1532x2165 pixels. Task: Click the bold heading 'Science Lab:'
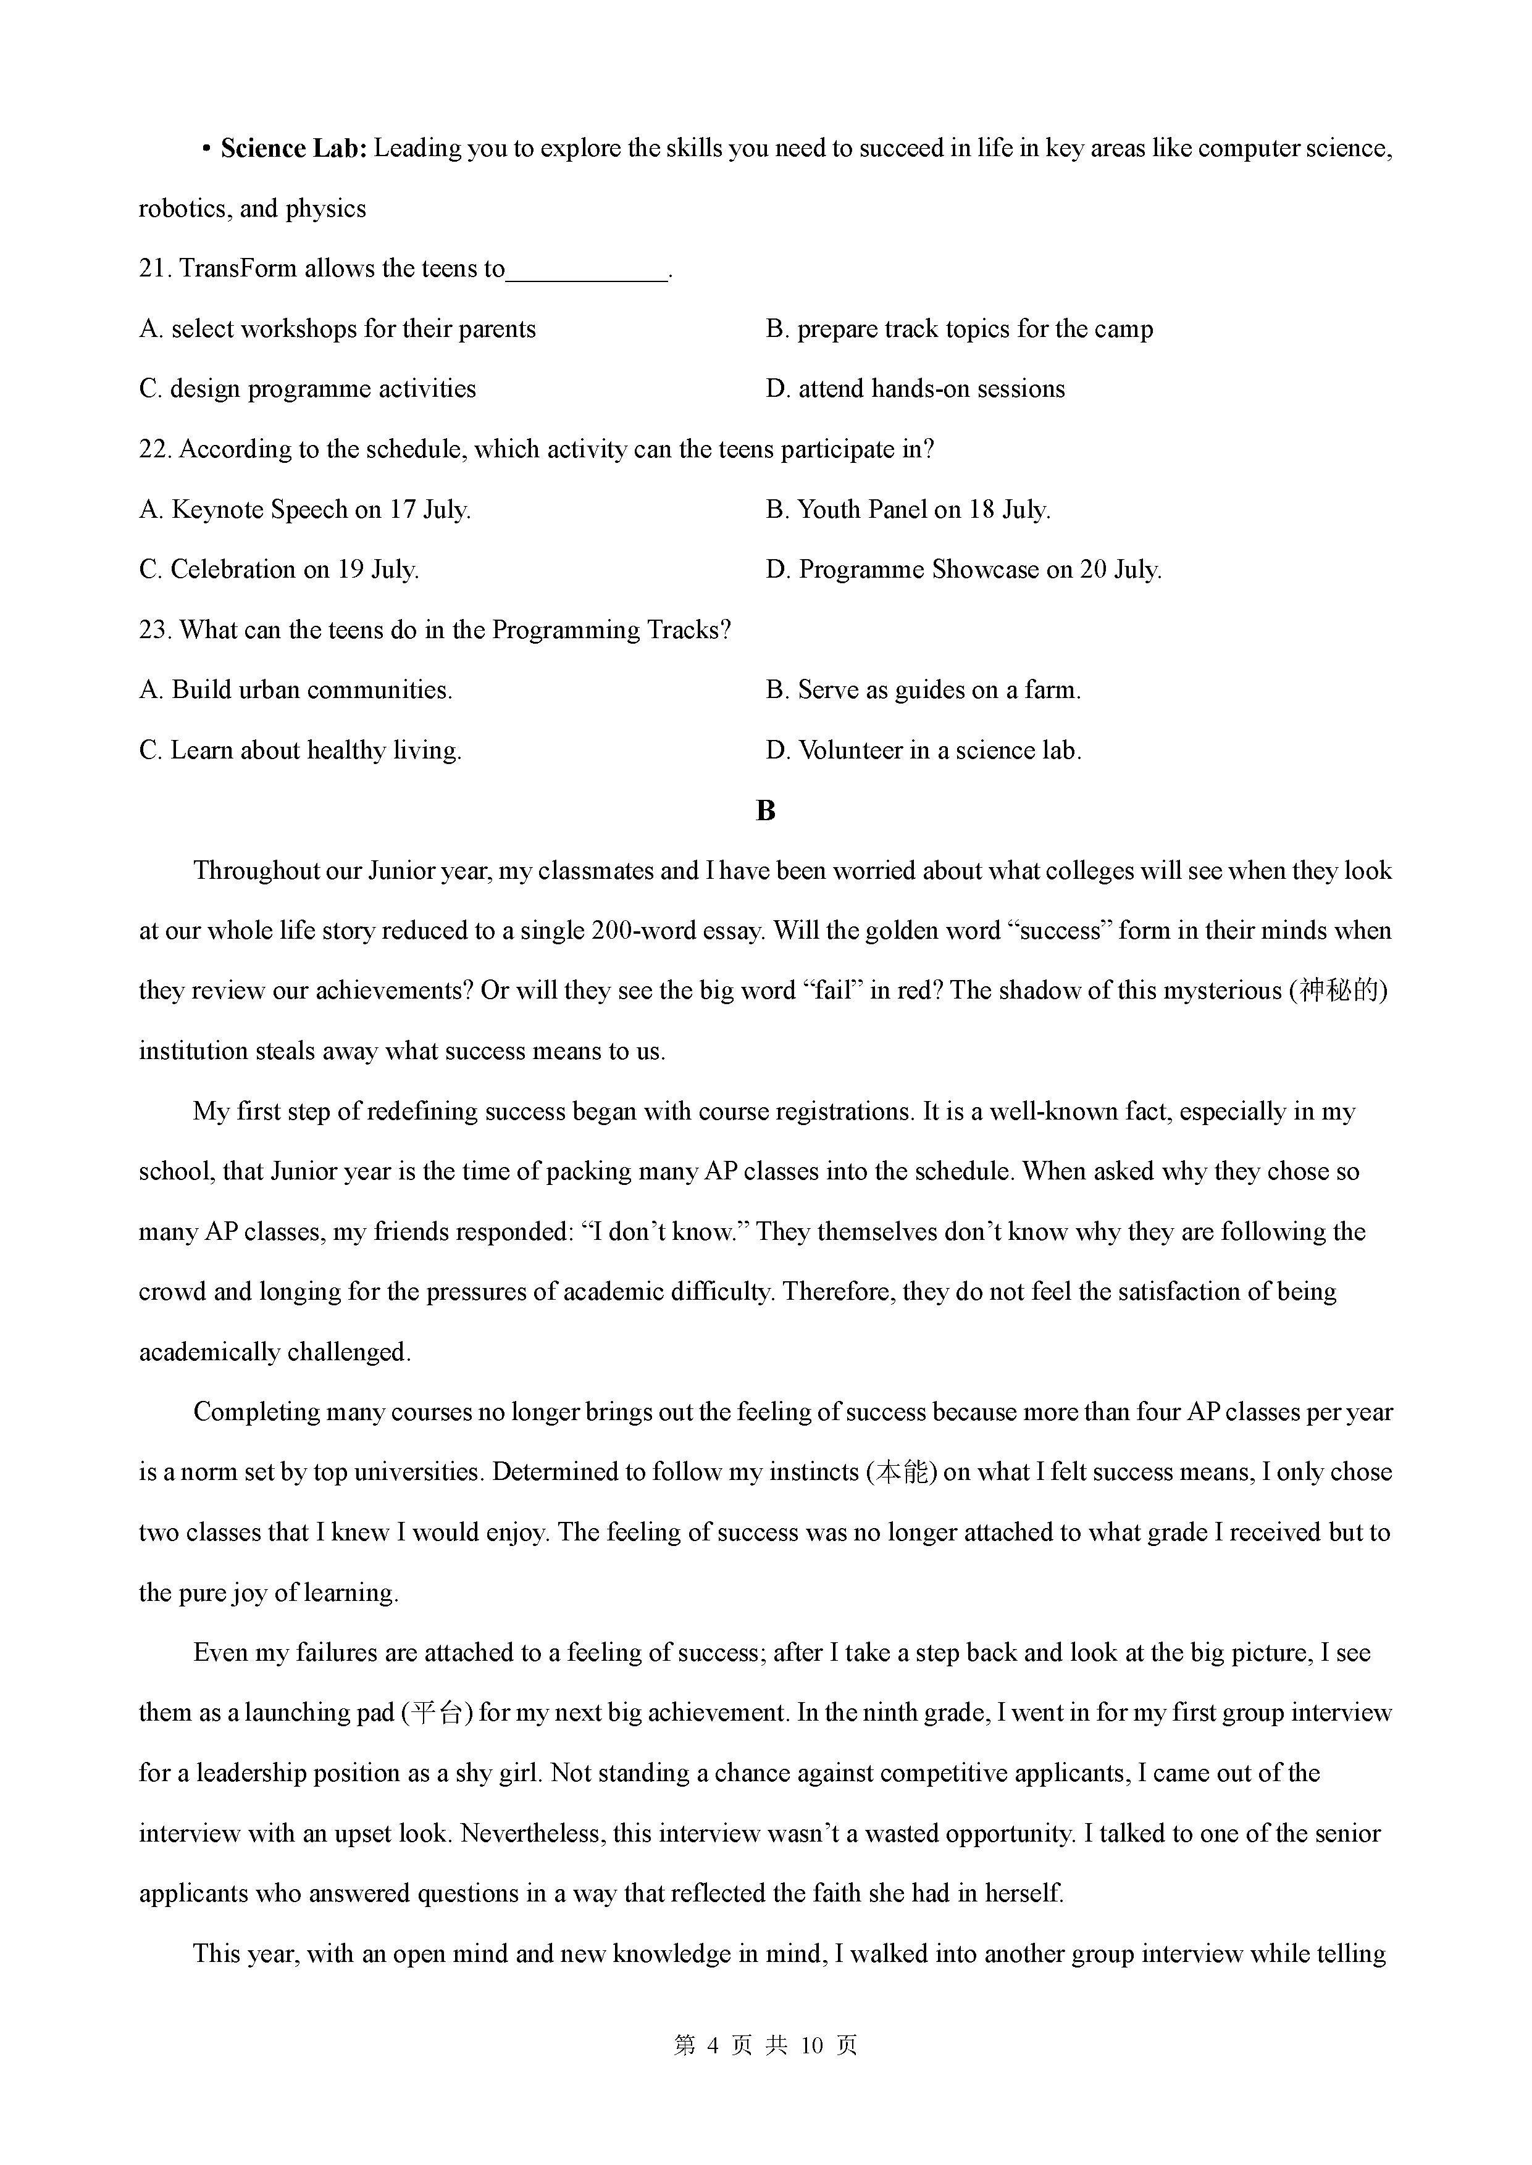[x=293, y=149]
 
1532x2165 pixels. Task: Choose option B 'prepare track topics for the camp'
[x=960, y=329]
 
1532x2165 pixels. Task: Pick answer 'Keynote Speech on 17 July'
[x=304, y=510]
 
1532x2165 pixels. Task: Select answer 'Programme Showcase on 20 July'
[x=963, y=570]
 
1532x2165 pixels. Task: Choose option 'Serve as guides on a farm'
[x=924, y=690]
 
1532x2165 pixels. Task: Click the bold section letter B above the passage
[x=765, y=811]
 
